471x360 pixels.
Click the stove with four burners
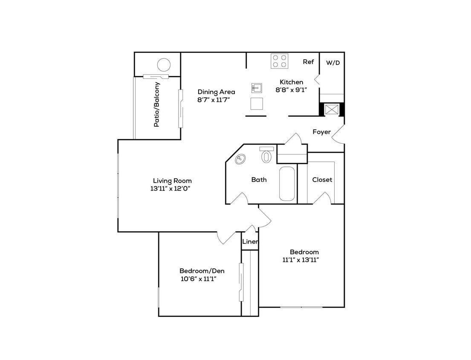point(280,61)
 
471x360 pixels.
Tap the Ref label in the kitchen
point(308,62)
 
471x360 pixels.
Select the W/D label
point(333,63)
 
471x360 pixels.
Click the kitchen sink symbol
point(256,88)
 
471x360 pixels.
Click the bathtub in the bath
point(287,183)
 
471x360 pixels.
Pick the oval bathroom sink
point(241,159)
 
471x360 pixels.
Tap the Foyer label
point(321,132)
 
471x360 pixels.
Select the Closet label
point(322,180)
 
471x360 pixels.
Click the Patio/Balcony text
point(157,105)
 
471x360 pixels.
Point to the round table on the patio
point(164,65)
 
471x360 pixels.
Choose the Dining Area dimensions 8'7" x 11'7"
point(216,99)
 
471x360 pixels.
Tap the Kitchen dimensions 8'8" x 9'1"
point(291,90)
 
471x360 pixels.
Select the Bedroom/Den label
point(202,271)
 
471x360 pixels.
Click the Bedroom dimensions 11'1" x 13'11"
point(301,260)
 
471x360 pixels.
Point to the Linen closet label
point(250,242)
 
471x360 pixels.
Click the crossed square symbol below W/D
point(332,109)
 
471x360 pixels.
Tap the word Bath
point(259,180)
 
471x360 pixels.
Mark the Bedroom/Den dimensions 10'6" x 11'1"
point(199,279)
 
